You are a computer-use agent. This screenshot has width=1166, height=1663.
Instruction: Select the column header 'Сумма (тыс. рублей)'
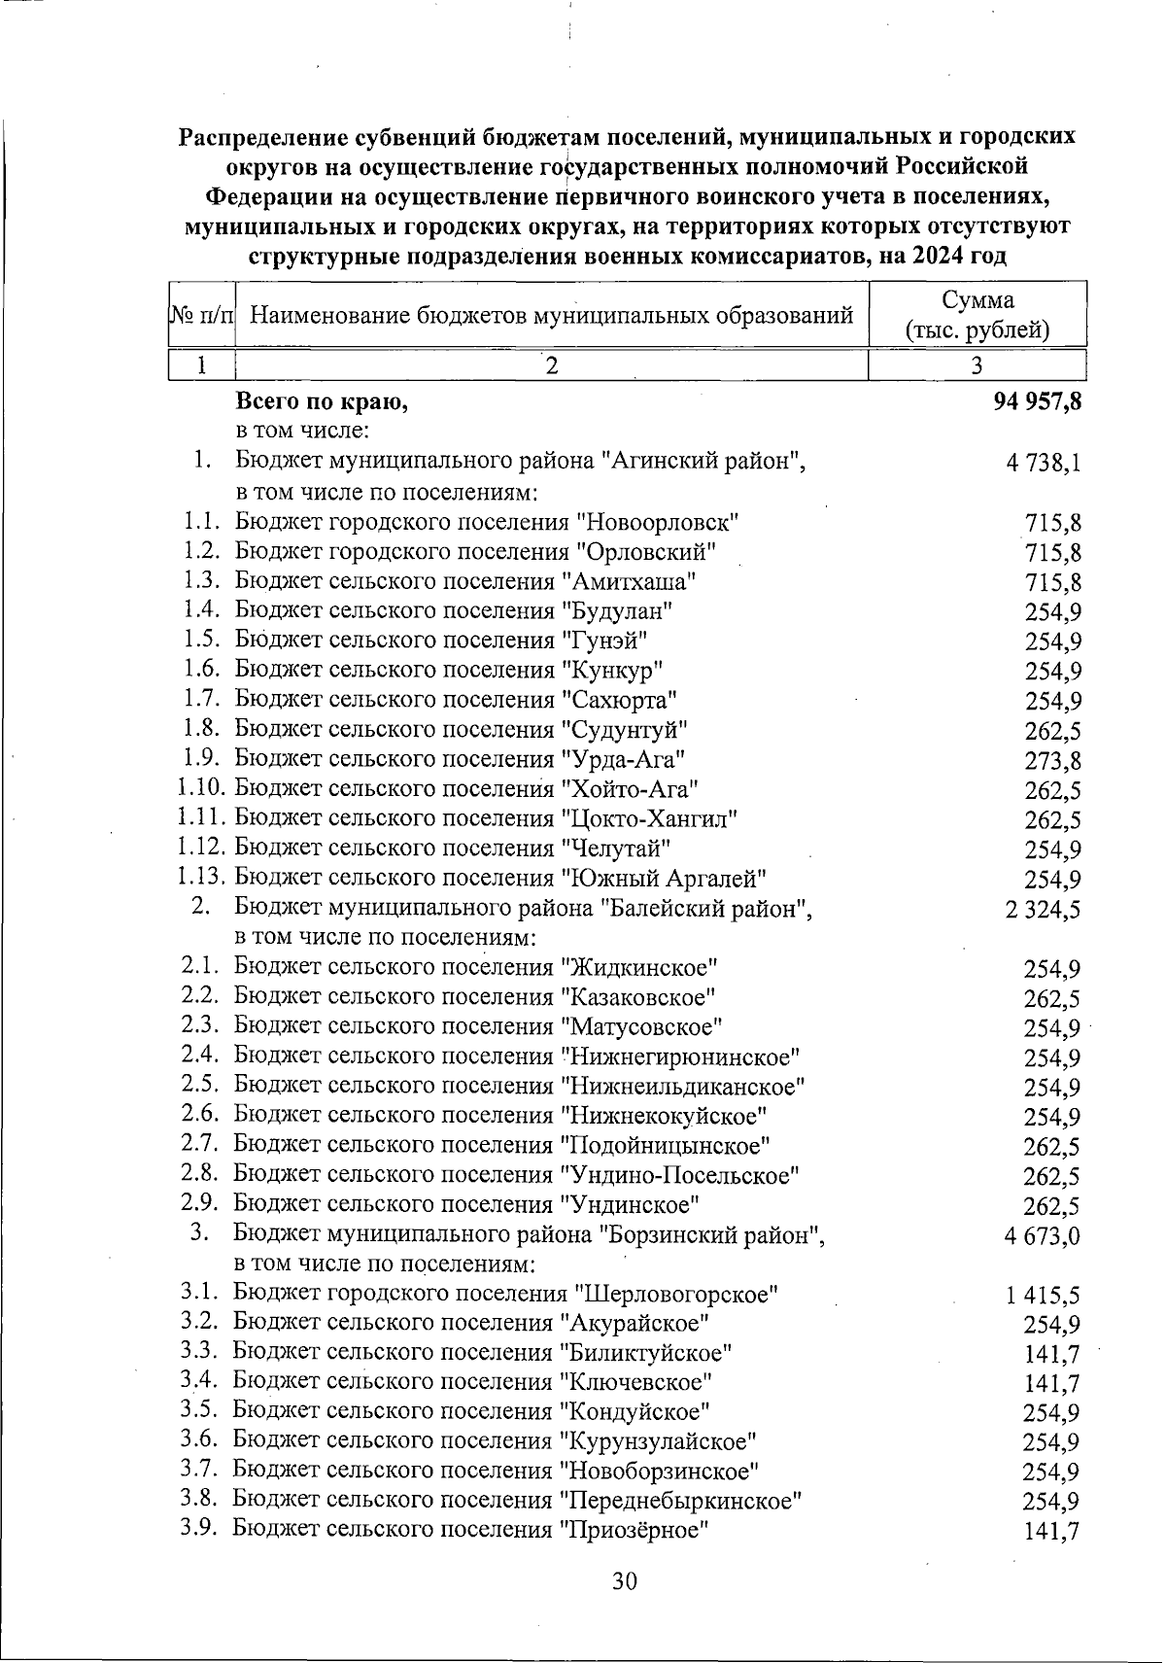tap(977, 315)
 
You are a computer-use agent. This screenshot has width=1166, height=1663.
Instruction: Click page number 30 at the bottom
tap(624, 1581)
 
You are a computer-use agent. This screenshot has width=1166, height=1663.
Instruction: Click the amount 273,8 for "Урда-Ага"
tap(1053, 761)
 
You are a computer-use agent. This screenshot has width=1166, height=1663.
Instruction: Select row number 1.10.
tap(202, 789)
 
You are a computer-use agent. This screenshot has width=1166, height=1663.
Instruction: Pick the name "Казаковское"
tap(637, 997)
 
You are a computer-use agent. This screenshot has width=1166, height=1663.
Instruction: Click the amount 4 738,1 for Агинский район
tap(1044, 464)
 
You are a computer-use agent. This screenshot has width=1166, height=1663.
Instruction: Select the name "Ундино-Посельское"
tap(680, 1176)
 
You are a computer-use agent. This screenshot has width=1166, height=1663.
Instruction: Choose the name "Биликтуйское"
tap(646, 1353)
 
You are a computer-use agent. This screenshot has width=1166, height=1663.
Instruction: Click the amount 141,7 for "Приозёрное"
tap(1052, 1532)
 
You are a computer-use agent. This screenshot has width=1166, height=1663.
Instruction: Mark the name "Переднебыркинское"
tap(681, 1501)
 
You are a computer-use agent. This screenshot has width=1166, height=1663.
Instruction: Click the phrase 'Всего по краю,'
tap(322, 402)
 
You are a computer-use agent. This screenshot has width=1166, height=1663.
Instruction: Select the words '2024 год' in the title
tap(959, 258)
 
